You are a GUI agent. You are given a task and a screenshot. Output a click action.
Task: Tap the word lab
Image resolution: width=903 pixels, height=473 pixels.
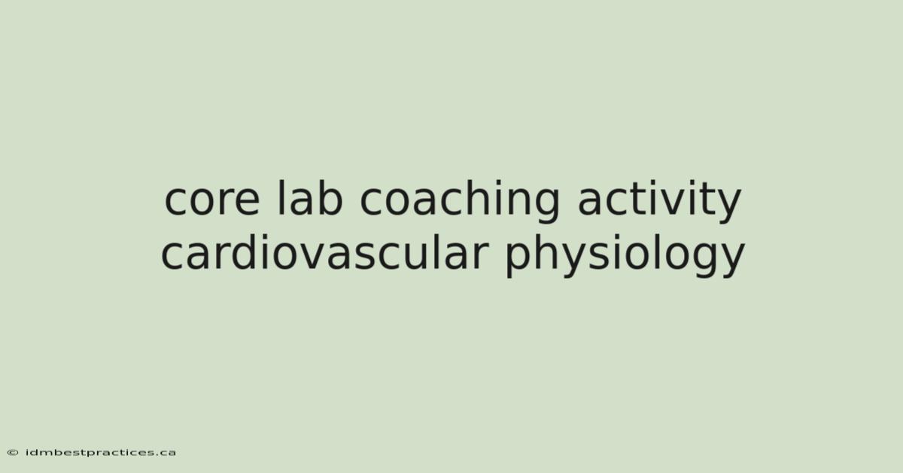pyautogui.click(x=309, y=197)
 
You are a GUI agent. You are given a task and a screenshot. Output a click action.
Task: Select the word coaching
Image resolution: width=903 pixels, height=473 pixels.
pyautogui.click(x=460, y=201)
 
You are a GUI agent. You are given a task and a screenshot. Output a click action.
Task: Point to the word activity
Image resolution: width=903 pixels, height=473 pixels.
pyautogui.click(x=659, y=201)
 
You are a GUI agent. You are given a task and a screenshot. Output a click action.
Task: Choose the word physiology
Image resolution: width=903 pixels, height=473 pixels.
pyautogui.click(x=625, y=255)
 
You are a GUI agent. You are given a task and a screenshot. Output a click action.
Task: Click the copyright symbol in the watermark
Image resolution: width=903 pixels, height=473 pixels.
pyautogui.click(x=13, y=453)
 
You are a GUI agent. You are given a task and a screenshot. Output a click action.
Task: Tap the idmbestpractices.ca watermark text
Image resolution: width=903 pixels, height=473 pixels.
pyautogui.click(x=101, y=453)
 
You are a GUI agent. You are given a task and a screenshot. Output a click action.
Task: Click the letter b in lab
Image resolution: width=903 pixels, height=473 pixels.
pyautogui.click(x=329, y=198)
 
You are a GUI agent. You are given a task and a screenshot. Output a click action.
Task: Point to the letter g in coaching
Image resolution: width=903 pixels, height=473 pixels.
pyautogui.click(x=546, y=205)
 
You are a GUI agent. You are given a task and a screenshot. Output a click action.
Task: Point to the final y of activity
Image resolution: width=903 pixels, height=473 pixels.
pyautogui.click(x=728, y=206)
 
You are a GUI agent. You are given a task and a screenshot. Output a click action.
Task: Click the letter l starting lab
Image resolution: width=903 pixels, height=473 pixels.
pyautogui.click(x=280, y=198)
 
